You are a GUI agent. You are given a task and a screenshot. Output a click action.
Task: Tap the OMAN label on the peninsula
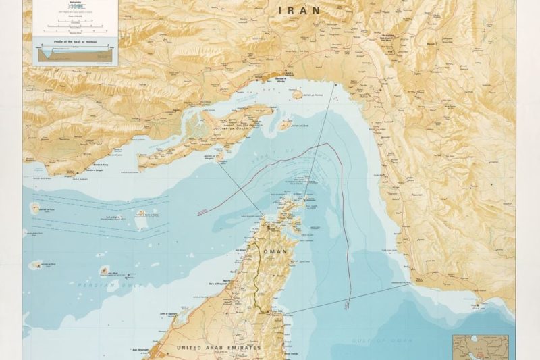coord(275,251)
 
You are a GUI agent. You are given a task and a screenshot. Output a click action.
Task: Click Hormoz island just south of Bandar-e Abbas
coord(296,94)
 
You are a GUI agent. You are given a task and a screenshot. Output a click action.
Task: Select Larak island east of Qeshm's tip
coord(285,124)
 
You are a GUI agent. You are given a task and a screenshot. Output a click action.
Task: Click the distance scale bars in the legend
coord(75,26)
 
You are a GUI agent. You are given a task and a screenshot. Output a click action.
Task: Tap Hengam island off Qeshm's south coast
coord(220,156)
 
